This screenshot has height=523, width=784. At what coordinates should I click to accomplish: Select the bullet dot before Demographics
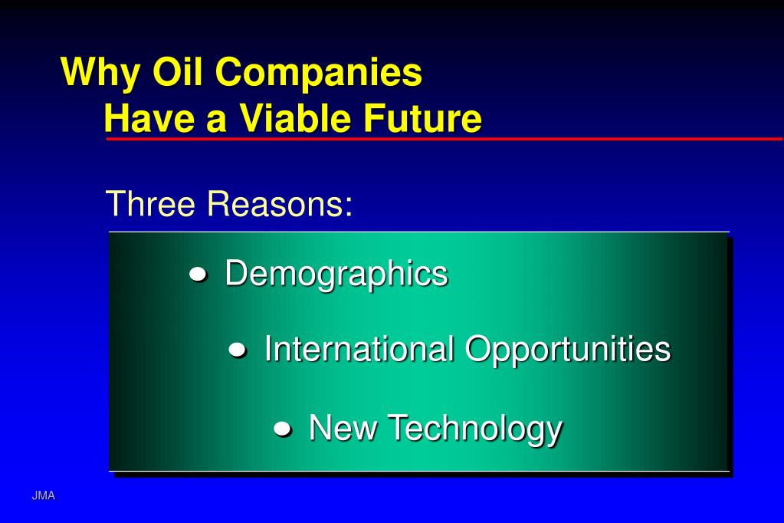pyautogui.click(x=198, y=275)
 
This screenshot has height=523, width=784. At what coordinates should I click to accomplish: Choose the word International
pyautogui.click(x=359, y=350)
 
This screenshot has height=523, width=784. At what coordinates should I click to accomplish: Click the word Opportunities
pyautogui.click(x=568, y=350)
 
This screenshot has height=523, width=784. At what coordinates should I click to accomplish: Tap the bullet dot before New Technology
pyautogui.click(x=282, y=429)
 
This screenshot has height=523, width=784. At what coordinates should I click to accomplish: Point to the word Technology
pyautogui.click(x=474, y=429)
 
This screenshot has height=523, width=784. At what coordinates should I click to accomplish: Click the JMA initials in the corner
pyautogui.click(x=44, y=496)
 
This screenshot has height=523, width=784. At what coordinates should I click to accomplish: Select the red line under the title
pyautogui.click(x=444, y=139)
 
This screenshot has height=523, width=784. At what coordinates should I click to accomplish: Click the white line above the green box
pyautogui.click(x=418, y=232)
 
